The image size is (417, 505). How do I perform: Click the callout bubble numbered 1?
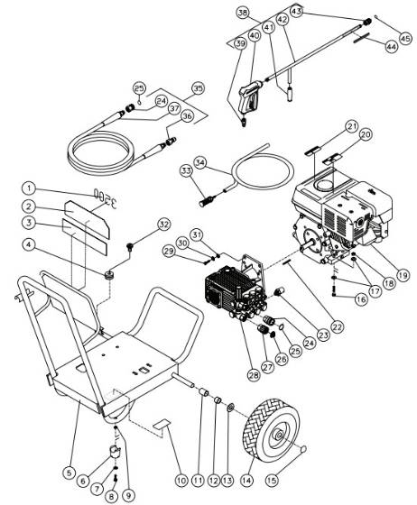click(x=30, y=188)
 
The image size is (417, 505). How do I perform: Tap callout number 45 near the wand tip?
click(x=404, y=39)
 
